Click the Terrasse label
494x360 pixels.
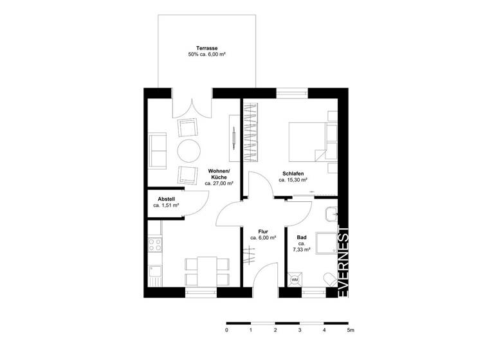[x=206, y=48]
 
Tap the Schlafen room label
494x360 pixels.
[x=293, y=173]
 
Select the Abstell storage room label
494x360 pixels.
[x=166, y=199]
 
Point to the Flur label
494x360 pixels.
[x=262, y=231]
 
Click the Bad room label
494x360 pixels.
[x=302, y=237]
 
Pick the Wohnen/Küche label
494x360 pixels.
[x=219, y=171]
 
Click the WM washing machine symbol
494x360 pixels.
[x=295, y=280]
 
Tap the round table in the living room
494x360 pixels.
[x=189, y=150]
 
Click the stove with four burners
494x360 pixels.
[x=155, y=244]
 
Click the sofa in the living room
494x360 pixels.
[x=156, y=150]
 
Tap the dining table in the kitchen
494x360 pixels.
[x=207, y=270]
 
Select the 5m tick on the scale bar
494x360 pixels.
[x=349, y=330]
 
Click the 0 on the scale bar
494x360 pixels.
[x=226, y=330]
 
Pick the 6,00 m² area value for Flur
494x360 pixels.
[x=264, y=238]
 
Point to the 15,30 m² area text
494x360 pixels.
[x=293, y=181]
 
